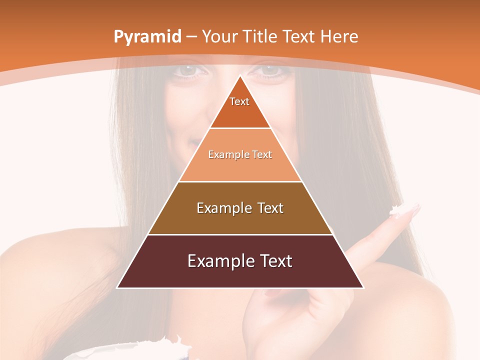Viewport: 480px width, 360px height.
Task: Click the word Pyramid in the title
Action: pos(147,37)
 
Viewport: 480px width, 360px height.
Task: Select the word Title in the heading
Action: pos(261,37)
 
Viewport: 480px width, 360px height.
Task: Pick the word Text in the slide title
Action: pos(299,37)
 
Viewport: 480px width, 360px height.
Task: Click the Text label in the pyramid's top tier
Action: pos(239,101)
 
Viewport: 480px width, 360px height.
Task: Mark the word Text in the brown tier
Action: pos(269,208)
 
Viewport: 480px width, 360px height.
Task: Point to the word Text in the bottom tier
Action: pos(274,261)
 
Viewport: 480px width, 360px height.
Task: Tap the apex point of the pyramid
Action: pos(240,75)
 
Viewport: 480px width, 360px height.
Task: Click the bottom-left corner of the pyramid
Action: pos(117,287)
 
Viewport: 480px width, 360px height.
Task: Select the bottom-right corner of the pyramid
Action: pos(363,287)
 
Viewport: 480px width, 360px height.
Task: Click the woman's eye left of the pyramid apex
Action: pos(189,70)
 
